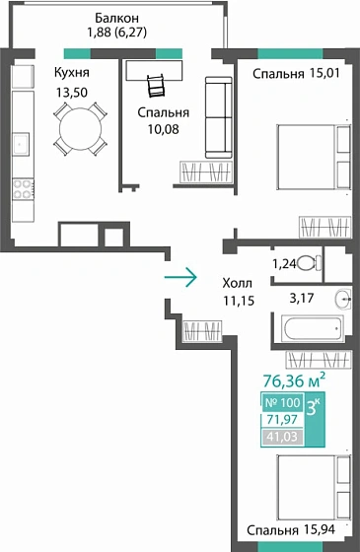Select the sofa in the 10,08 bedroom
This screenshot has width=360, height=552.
click(x=217, y=116)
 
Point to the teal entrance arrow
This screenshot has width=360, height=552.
click(x=180, y=277)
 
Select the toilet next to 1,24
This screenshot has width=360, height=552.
click(x=307, y=263)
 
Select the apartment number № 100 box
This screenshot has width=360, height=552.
click(x=283, y=402)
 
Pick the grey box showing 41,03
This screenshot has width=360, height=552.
click(x=283, y=437)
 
